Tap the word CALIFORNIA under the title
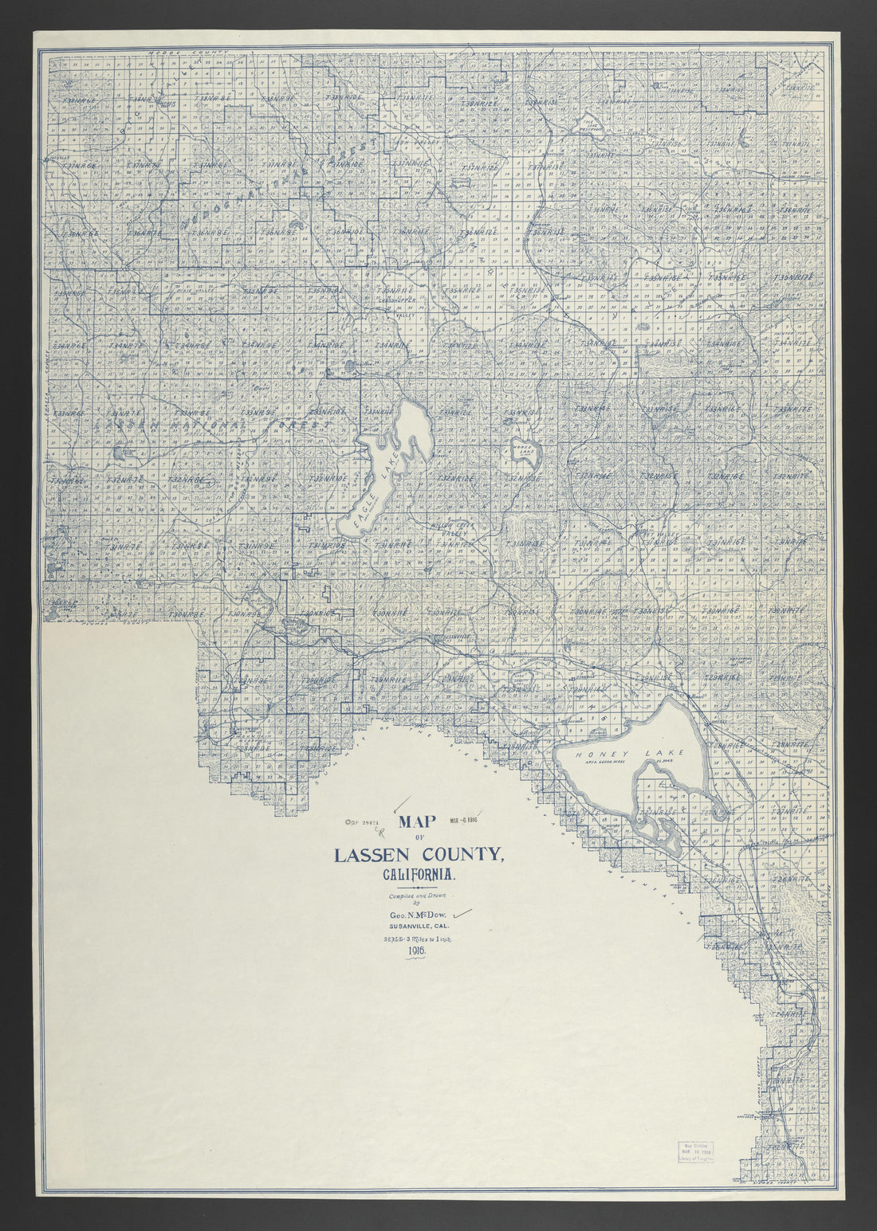coord(419,875)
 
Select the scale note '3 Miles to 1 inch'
coord(419,939)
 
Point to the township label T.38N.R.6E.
coord(144,100)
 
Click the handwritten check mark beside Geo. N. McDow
coord(462,913)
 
